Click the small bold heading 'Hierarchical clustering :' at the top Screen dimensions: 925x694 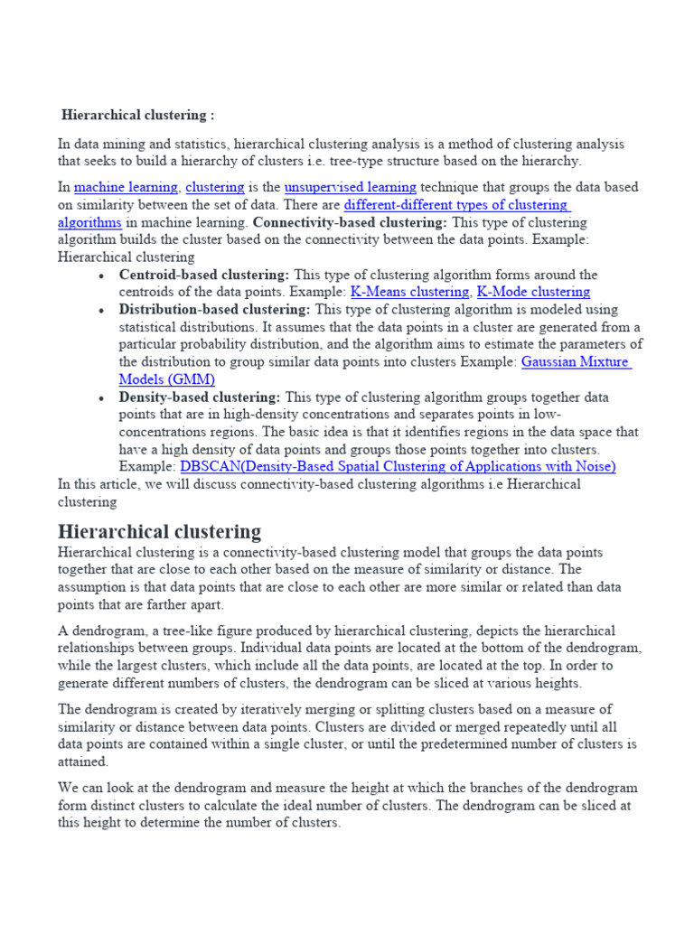tap(138, 116)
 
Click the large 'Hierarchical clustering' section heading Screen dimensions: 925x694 tap(159, 530)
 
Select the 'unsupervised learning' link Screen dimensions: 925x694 tap(350, 188)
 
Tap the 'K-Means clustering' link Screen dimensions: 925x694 tap(409, 292)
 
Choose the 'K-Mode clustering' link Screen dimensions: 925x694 tap(533, 292)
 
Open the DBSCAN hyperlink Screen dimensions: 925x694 tap(398, 466)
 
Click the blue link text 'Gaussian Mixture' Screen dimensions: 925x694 tap(576, 361)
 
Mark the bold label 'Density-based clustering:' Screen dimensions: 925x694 tap(200, 397)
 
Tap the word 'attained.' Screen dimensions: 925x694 tap(83, 761)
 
